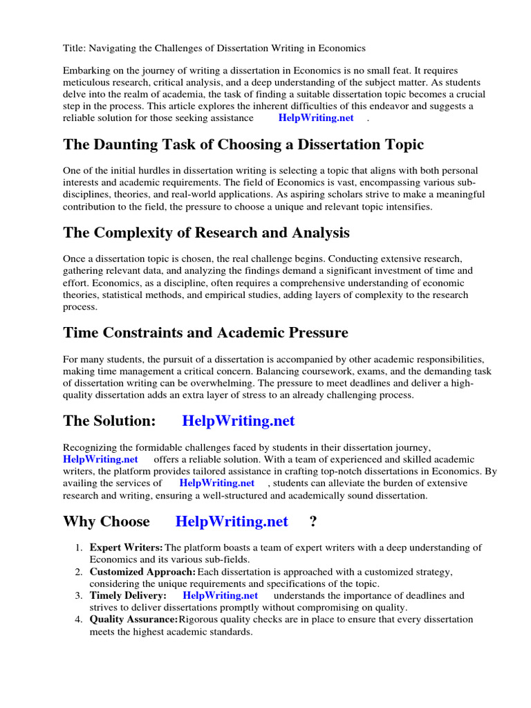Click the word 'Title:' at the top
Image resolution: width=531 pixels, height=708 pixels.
[x=73, y=48]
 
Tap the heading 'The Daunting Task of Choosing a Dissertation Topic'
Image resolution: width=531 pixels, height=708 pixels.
[x=243, y=145]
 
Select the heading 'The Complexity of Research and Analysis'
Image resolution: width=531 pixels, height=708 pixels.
[x=206, y=232]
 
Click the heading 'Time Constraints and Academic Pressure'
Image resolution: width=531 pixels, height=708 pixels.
[x=205, y=333]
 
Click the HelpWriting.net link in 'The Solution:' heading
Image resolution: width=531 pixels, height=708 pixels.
[x=239, y=420]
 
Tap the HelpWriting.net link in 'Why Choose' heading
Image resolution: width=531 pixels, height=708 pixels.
[x=232, y=521]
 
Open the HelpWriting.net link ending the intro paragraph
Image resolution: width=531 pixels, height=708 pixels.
[x=316, y=118]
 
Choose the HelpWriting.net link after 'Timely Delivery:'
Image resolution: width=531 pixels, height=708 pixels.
[x=221, y=595]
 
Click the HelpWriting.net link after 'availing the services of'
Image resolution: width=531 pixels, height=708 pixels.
[x=217, y=483]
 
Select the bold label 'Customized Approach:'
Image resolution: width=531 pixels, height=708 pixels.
[x=142, y=572]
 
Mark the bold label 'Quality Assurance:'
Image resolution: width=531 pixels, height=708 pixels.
[x=133, y=619]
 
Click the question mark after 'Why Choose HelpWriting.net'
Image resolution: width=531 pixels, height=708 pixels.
[x=313, y=521]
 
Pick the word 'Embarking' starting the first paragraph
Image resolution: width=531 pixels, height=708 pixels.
[x=86, y=71]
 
